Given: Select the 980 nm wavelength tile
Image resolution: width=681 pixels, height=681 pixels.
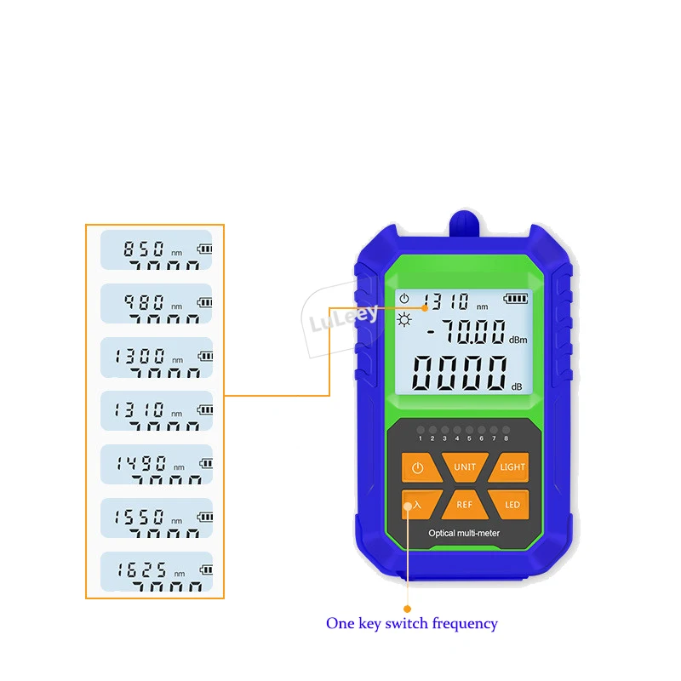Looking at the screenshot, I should [157, 303].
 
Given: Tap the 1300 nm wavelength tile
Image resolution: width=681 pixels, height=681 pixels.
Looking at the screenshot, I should [157, 357].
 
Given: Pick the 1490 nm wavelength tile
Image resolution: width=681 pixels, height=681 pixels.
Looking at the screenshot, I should [157, 465].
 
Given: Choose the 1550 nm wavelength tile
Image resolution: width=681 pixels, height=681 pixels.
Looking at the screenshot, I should [157, 518].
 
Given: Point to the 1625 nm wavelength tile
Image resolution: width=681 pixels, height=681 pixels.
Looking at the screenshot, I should [157, 571].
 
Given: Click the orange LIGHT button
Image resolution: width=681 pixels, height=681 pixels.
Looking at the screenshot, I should [512, 467].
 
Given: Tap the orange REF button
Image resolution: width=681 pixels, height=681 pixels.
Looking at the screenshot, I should [465, 504].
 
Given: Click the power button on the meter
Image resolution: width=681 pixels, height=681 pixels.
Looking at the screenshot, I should [417, 467].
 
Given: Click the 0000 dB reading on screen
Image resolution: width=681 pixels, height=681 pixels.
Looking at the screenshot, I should [461, 372].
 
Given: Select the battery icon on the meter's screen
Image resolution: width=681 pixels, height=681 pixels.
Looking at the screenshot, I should [515, 298].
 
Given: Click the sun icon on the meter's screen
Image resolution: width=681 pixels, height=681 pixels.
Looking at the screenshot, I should [403, 319].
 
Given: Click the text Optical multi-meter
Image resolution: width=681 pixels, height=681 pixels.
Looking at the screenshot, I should [465, 533].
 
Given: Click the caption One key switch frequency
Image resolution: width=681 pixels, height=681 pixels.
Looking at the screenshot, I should [411, 623].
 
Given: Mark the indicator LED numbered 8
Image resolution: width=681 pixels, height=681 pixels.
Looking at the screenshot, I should [506, 431].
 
